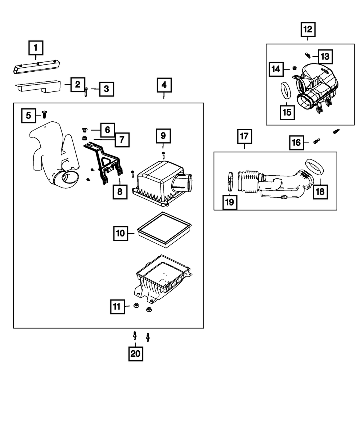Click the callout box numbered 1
coord(36,48)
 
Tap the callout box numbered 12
coord(308,30)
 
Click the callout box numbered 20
coord(135,354)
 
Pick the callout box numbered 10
coord(121,233)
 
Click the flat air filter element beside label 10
coord(164,230)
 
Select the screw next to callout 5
coord(44,114)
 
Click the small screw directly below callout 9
coord(163,155)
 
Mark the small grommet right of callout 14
coord(294,68)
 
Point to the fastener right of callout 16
coord(317,141)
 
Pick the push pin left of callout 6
coord(86,129)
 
